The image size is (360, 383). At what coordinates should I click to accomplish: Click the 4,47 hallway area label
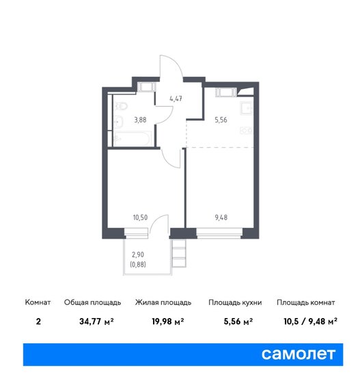[176, 98]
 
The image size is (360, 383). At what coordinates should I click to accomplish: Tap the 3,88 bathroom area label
[140, 120]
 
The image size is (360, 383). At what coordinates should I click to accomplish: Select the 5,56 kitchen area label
[221, 120]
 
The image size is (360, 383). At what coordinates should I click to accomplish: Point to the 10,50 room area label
[140, 217]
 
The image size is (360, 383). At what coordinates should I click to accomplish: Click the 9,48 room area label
[221, 217]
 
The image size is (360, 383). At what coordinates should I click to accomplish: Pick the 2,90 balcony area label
[138, 254]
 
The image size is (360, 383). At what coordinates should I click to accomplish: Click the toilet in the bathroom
[121, 106]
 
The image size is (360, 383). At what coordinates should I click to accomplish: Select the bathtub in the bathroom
[133, 139]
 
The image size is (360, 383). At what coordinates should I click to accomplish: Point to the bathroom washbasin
[118, 121]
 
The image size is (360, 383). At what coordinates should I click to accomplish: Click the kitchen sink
[247, 108]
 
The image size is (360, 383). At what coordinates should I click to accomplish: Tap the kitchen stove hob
[247, 131]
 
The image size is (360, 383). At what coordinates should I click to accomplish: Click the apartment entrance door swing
[171, 66]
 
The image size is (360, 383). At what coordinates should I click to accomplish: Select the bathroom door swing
[165, 115]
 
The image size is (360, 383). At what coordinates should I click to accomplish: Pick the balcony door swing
[159, 224]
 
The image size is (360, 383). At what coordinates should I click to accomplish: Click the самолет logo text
[299, 354]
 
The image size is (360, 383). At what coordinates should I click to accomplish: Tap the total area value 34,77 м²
[96, 321]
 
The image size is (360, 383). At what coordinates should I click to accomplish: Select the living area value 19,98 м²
[168, 321]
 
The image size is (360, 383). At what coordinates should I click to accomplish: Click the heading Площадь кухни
[235, 302]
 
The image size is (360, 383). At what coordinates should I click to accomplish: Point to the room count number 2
[38, 321]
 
